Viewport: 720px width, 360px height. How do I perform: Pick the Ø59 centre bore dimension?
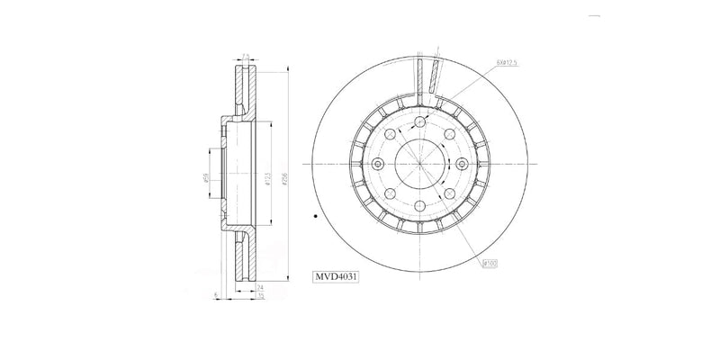coord(207,179)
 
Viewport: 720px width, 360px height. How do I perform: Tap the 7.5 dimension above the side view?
coord(247,56)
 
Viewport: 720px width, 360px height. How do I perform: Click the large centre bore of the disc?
coord(418,165)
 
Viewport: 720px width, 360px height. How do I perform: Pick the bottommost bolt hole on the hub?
coord(418,205)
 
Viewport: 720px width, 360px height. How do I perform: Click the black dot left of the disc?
coord(314,217)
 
